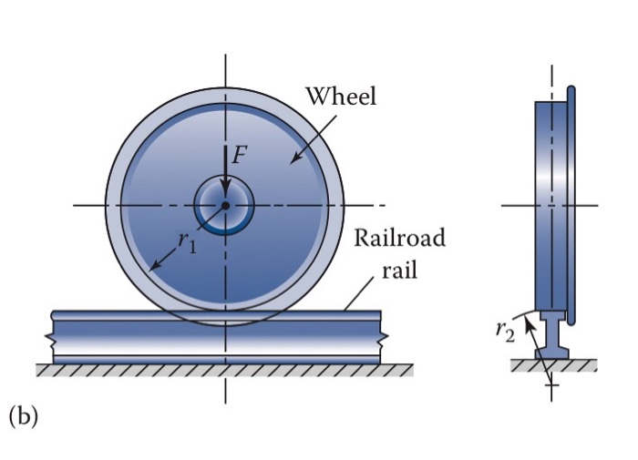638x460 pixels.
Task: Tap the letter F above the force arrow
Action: point(239,156)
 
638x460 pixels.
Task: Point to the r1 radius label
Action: point(186,242)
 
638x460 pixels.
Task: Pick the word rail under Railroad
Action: point(400,271)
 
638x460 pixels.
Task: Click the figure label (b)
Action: point(23,416)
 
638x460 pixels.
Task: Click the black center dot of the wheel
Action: point(225,205)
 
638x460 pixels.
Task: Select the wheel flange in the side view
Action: point(571,205)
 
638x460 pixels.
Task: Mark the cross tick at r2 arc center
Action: point(551,386)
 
